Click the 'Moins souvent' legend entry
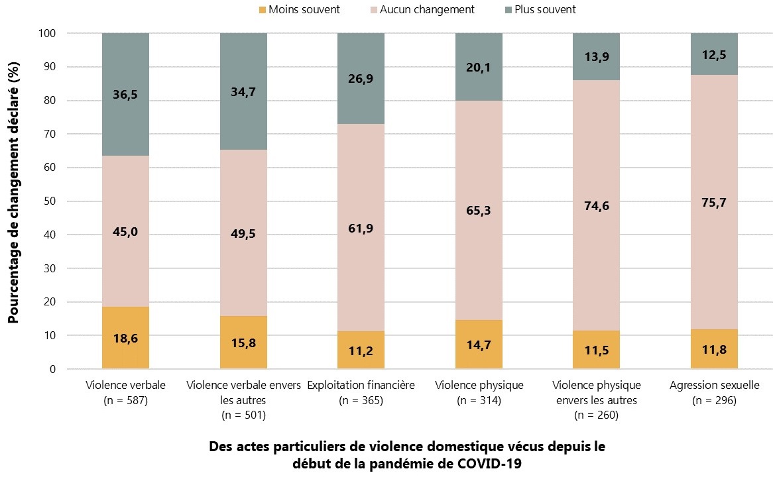coord(298,10)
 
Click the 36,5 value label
coord(125,95)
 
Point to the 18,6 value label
coord(125,338)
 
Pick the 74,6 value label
coord(596,205)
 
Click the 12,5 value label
coord(714,55)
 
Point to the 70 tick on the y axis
coord(50,134)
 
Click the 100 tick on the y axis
coord(48,33)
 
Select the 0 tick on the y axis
coord(53,369)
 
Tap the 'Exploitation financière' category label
coord(361,385)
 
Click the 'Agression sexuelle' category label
coord(714,385)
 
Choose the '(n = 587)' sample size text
coord(125,400)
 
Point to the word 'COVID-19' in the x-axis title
coord(489,464)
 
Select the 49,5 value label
coord(243,232)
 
